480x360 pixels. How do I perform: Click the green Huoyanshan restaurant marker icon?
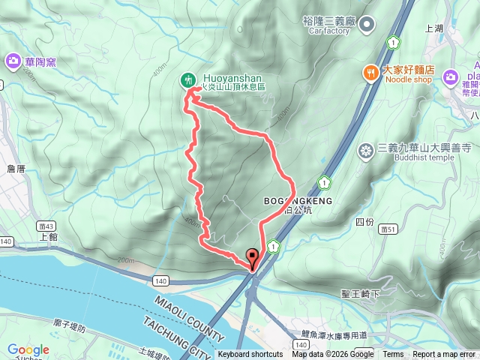tap(187, 79)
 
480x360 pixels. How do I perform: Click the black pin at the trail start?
tap(252, 257)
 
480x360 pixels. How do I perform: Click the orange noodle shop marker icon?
tap(370, 72)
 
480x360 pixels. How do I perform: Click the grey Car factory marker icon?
tap(367, 26)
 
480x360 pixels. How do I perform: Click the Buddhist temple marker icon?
tap(366, 151)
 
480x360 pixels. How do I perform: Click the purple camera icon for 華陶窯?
tap(13, 60)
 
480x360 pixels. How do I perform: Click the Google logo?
tap(28, 349)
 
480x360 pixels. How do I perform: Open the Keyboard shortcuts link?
tap(250, 355)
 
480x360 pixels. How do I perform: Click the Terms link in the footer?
tap(393, 355)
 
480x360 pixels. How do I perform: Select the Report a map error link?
tap(444, 355)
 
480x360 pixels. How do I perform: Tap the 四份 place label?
tap(364, 221)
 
